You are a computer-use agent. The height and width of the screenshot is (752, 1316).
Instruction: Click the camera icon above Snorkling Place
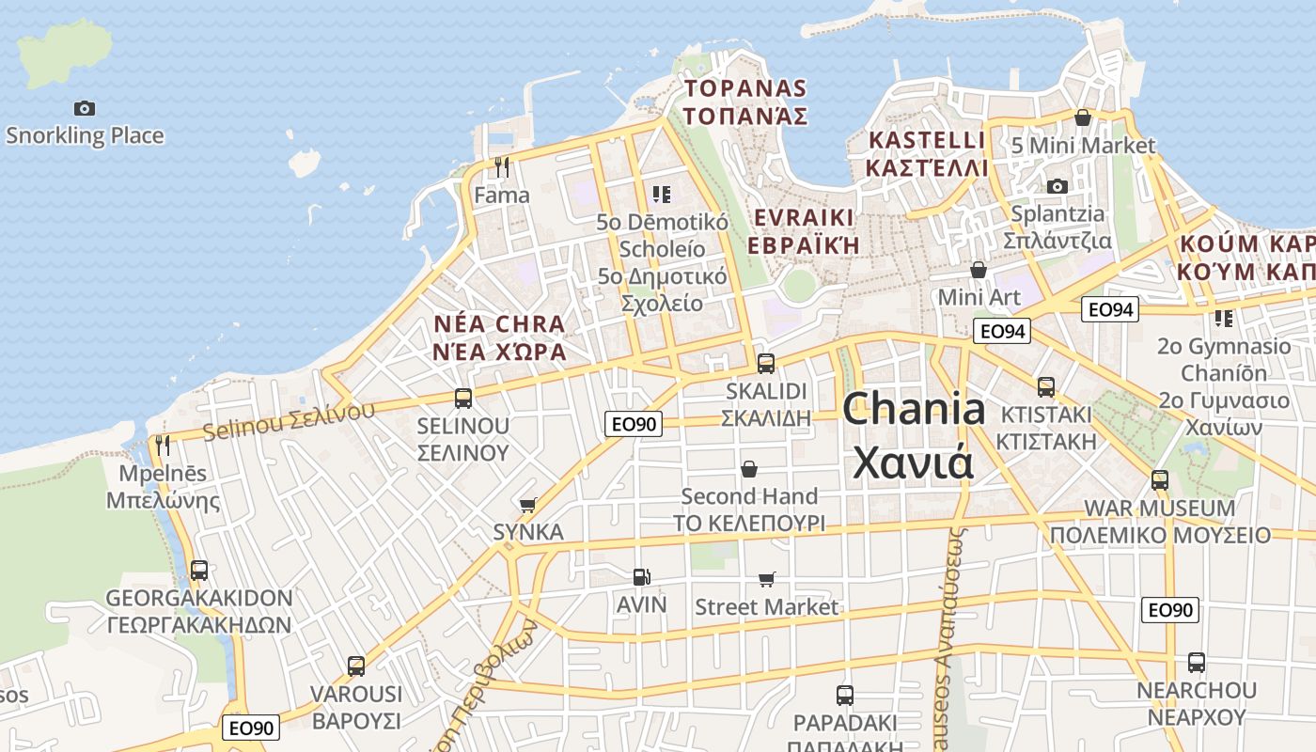85,108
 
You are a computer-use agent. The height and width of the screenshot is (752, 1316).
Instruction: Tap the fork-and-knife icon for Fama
502,167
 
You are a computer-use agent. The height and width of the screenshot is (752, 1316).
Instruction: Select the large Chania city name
914,435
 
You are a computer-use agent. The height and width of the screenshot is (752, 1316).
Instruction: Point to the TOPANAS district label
745,102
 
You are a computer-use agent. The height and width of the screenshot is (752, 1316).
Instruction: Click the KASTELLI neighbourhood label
928,154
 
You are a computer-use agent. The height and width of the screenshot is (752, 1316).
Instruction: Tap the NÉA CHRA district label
499,337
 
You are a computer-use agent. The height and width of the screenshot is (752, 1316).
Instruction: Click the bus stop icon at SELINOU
462,398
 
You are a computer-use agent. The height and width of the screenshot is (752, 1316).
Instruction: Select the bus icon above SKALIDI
765,363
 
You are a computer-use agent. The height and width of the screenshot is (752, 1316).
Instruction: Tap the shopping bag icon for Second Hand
749,468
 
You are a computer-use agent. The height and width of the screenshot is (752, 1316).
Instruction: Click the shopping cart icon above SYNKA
528,505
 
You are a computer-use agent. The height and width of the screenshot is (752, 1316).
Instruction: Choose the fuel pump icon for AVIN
641,576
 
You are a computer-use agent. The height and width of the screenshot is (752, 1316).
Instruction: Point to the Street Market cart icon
767,579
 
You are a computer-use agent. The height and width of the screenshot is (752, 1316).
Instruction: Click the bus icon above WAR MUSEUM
1159,479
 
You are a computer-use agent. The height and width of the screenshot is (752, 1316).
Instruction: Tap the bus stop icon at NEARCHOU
1196,662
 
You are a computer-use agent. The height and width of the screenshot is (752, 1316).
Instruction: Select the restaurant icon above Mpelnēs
163,445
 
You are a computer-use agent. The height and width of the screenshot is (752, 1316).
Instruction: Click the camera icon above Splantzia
1057,186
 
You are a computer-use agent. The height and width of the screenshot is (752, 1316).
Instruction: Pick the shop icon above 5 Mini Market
1082,117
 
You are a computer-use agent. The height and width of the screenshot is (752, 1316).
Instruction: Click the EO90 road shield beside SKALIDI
634,424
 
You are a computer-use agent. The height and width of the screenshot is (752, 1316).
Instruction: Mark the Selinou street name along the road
288,421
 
